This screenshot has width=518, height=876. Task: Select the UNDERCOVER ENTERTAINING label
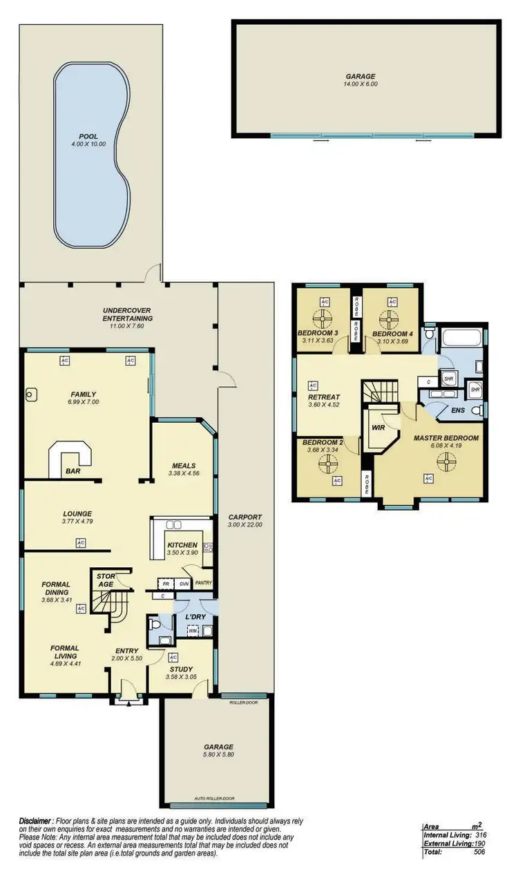pos(127,314)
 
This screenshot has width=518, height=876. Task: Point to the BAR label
pos(71,471)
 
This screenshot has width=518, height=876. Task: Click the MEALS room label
pos(184,465)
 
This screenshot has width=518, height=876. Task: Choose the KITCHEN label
pos(182,545)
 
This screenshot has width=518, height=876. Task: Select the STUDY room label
pos(182,668)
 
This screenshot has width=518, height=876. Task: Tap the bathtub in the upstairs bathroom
pos(463,339)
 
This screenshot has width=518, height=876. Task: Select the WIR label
pos(378,428)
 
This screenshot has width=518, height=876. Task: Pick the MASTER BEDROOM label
pos(445,438)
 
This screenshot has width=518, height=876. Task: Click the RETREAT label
pos(324,397)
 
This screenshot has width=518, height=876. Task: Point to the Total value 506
pos(479,853)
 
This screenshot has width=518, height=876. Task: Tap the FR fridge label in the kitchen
pos(164,584)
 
